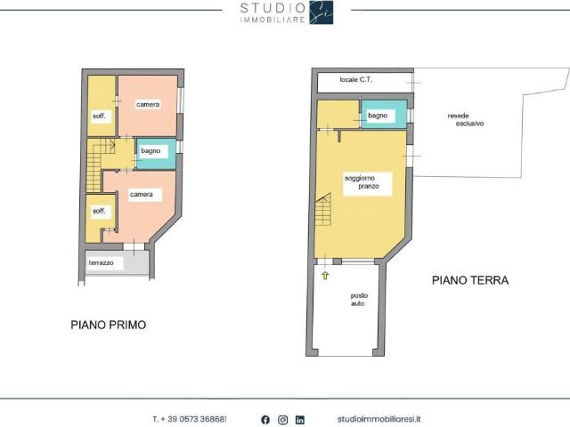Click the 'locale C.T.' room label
(x=356, y=80)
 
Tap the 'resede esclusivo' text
(x=465, y=119)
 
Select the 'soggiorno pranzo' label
(x=362, y=182)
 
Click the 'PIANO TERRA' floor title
(x=470, y=279)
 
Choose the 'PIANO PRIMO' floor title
(x=108, y=325)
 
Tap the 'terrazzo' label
(x=101, y=263)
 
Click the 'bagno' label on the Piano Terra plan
(x=377, y=116)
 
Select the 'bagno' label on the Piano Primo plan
(x=151, y=151)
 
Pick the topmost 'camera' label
(x=148, y=105)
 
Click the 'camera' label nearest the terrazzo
(x=141, y=194)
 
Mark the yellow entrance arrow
(x=326, y=276)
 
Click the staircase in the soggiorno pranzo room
(x=323, y=211)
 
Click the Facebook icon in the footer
(x=265, y=419)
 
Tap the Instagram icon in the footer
(x=282, y=419)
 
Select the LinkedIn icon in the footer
(x=300, y=419)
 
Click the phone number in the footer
(x=190, y=419)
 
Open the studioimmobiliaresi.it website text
(x=380, y=419)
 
